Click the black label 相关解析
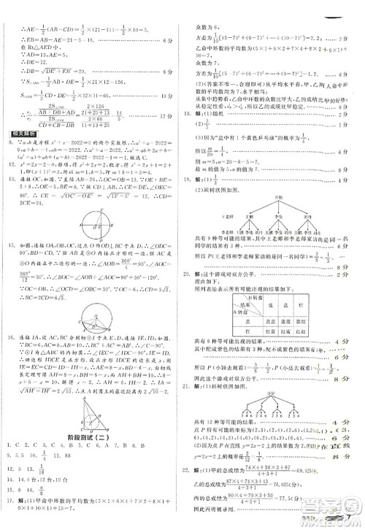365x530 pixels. coord(19,133)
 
